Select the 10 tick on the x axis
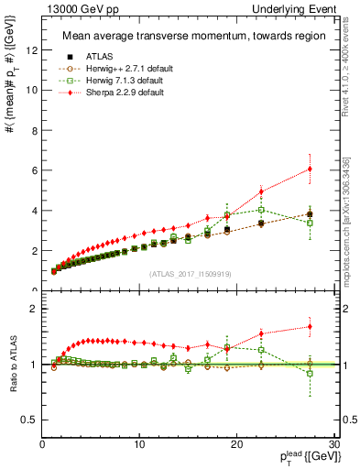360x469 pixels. coord(139,444)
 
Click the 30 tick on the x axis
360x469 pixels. coord(334,444)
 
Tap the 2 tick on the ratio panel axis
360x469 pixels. coord(36,309)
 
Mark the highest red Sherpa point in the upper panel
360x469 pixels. coord(310,169)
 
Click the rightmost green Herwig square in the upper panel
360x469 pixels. coord(310,223)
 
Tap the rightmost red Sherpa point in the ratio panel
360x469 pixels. coord(310,326)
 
